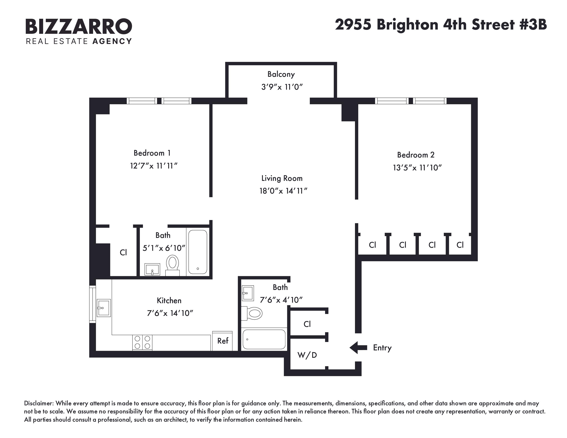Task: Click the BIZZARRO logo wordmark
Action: pos(79,26)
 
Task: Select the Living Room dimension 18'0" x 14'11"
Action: pos(283,191)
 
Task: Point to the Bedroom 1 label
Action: pos(152,153)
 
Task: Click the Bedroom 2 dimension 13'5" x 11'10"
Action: pos(417,168)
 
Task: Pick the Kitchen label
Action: pos(169,300)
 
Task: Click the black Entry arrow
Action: pos(358,347)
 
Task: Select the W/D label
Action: pos(307,355)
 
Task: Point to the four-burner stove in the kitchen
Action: pos(142,342)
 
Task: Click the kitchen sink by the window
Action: pos(104,308)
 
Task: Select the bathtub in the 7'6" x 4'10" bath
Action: pos(264,339)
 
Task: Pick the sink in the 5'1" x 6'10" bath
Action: pos(152,269)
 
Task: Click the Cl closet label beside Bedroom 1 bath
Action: pos(123,252)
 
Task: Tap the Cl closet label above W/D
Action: pos(307,324)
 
